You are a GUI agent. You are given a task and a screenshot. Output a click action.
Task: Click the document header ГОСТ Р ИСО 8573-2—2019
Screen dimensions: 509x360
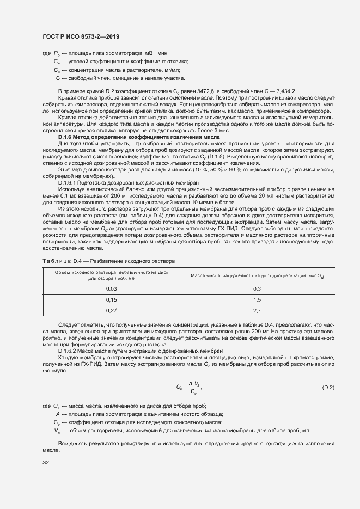pyautogui.click(x=81, y=36)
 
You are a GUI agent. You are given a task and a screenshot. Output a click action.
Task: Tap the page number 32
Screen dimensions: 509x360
pyautogui.click(x=45, y=463)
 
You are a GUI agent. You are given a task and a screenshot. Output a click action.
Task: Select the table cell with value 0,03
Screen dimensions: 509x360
pyautogui.click(x=111, y=289)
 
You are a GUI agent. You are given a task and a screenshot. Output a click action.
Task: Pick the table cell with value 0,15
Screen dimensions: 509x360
pyautogui.click(x=111, y=299)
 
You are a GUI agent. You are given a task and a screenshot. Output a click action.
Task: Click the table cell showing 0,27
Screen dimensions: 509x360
pyautogui.click(x=111, y=310)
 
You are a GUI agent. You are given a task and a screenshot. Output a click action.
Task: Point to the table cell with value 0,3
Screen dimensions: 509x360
pyautogui.click(x=257, y=289)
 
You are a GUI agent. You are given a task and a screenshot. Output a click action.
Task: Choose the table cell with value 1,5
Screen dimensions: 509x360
pyautogui.click(x=257, y=299)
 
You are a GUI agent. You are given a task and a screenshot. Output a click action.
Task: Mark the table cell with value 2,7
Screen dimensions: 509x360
pyautogui.click(x=257, y=310)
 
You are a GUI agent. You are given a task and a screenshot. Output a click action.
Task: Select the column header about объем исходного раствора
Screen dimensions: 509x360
pyautogui.click(x=111, y=274)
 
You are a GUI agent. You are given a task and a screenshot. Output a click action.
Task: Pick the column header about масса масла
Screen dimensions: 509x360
pyautogui.click(x=257, y=275)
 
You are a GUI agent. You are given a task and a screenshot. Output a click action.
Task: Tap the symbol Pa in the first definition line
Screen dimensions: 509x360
pyautogui.click(x=56, y=53)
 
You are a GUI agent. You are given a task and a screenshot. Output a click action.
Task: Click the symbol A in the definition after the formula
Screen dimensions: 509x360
pyautogui.click(x=57, y=414)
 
